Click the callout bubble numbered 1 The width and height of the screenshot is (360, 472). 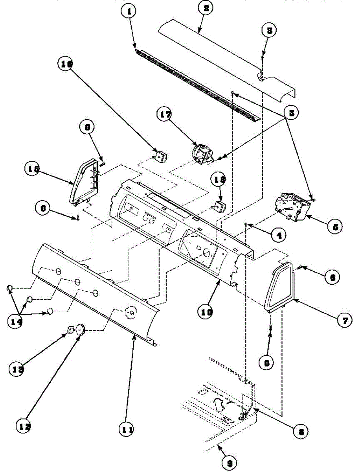129,11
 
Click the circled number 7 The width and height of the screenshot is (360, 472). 344,321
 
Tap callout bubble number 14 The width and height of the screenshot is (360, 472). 16,321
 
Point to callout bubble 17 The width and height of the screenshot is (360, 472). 165,116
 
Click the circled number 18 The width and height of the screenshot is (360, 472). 219,180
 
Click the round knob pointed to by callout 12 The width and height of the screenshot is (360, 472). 81,329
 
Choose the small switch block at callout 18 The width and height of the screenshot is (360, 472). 218,205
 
